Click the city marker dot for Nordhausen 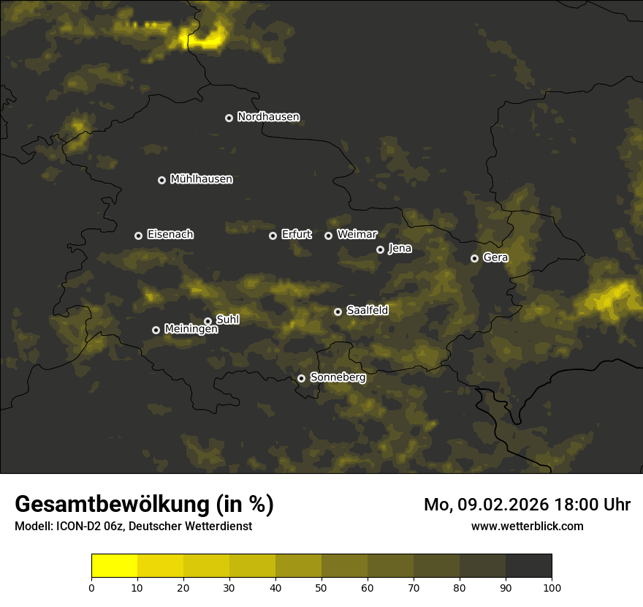229,118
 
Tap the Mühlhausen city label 201,179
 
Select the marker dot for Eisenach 138,235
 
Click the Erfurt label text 296,235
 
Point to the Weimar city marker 328,235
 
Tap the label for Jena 400,249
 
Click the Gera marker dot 474,258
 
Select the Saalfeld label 367,311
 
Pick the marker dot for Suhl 208,321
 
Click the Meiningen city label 191,330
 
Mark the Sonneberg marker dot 301,378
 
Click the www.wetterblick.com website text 527,526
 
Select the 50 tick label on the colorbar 321,588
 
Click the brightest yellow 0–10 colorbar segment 115,566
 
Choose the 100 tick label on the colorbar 552,588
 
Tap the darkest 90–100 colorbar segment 528,566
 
